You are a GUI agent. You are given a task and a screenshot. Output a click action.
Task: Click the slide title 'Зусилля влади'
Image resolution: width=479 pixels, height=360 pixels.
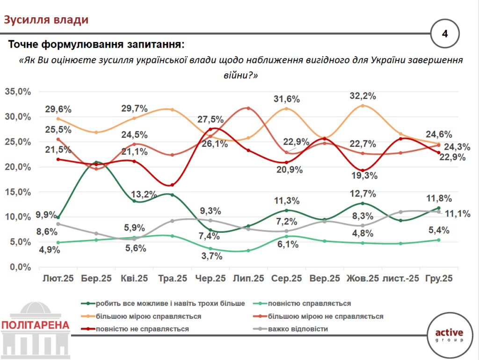click(x=46, y=20)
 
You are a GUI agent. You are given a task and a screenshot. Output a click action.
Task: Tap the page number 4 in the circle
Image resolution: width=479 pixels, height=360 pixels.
click(x=445, y=34)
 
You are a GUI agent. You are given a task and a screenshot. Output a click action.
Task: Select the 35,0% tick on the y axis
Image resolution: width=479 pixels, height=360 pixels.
click(x=18, y=92)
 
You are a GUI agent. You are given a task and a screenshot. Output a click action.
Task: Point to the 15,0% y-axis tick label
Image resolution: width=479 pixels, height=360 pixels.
click(x=18, y=192)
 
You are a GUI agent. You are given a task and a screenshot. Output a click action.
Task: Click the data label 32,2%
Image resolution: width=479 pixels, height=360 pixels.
click(x=363, y=96)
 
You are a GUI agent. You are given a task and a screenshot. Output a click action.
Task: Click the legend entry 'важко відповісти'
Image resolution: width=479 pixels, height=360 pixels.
click(x=298, y=329)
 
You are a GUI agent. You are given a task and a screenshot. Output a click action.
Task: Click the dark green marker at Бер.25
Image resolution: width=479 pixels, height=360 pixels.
click(x=96, y=163)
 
